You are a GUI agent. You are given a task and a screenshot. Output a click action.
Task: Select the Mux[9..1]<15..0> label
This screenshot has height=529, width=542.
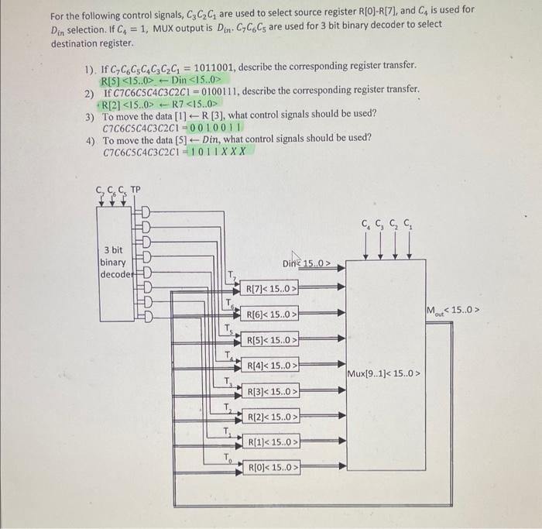click(x=384, y=374)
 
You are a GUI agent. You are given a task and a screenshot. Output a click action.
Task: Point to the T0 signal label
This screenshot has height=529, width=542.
click(x=228, y=457)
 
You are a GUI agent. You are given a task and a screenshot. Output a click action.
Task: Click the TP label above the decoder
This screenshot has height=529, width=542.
click(x=135, y=191)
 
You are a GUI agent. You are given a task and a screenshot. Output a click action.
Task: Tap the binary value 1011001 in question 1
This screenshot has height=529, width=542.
click(x=238, y=67)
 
